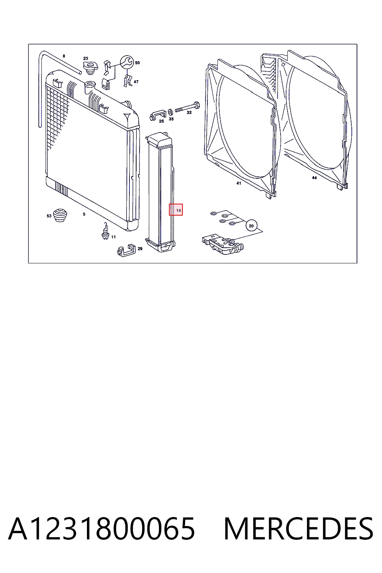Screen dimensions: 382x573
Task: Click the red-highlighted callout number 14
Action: pos(178,210)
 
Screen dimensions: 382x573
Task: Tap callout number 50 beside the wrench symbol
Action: pos(137,63)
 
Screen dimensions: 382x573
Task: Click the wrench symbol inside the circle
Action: pos(127,62)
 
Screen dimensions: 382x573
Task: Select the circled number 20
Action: pos(251,226)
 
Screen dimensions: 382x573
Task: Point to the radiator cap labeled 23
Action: pos(90,68)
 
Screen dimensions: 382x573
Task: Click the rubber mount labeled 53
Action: pos(60,215)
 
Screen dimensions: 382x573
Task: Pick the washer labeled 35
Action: pos(170,112)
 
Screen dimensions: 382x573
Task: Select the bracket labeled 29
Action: pos(126,250)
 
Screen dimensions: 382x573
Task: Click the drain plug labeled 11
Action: pos(105,231)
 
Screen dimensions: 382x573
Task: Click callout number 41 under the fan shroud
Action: pos(238,183)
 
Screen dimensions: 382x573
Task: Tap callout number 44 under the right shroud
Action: pos(314,178)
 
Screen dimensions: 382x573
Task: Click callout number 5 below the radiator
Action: pos(84,214)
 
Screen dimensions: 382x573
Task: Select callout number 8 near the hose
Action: pos(64,56)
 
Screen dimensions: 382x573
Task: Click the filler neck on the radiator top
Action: pos(90,88)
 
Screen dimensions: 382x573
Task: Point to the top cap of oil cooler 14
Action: pos(159,140)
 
